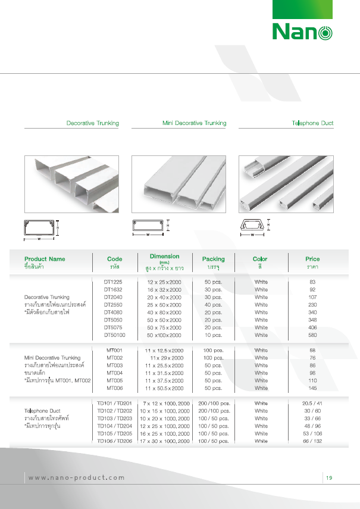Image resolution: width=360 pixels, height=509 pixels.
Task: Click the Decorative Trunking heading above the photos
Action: tap(92, 123)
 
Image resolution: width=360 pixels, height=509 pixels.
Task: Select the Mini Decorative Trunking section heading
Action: tap(194, 123)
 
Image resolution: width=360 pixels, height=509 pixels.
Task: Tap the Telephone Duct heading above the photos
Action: tap(312, 123)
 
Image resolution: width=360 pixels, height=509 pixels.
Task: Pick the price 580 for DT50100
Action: tap(312, 335)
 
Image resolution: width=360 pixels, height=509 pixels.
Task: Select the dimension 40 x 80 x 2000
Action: tap(165, 312)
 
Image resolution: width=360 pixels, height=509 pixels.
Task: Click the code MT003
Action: tap(115, 365)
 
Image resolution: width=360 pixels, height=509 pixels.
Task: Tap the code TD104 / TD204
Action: tap(115, 426)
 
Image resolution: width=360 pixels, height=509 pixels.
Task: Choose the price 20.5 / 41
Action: tap(312, 403)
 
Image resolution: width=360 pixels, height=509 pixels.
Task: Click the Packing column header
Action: tap(213, 259)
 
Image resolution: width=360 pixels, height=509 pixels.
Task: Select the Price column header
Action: tap(312, 259)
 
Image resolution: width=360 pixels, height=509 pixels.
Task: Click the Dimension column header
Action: tap(165, 257)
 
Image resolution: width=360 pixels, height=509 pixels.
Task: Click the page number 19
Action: tap(329, 477)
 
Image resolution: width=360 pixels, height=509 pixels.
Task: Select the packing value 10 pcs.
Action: tap(213, 335)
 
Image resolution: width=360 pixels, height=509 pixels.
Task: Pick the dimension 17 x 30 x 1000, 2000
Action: tap(165, 442)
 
